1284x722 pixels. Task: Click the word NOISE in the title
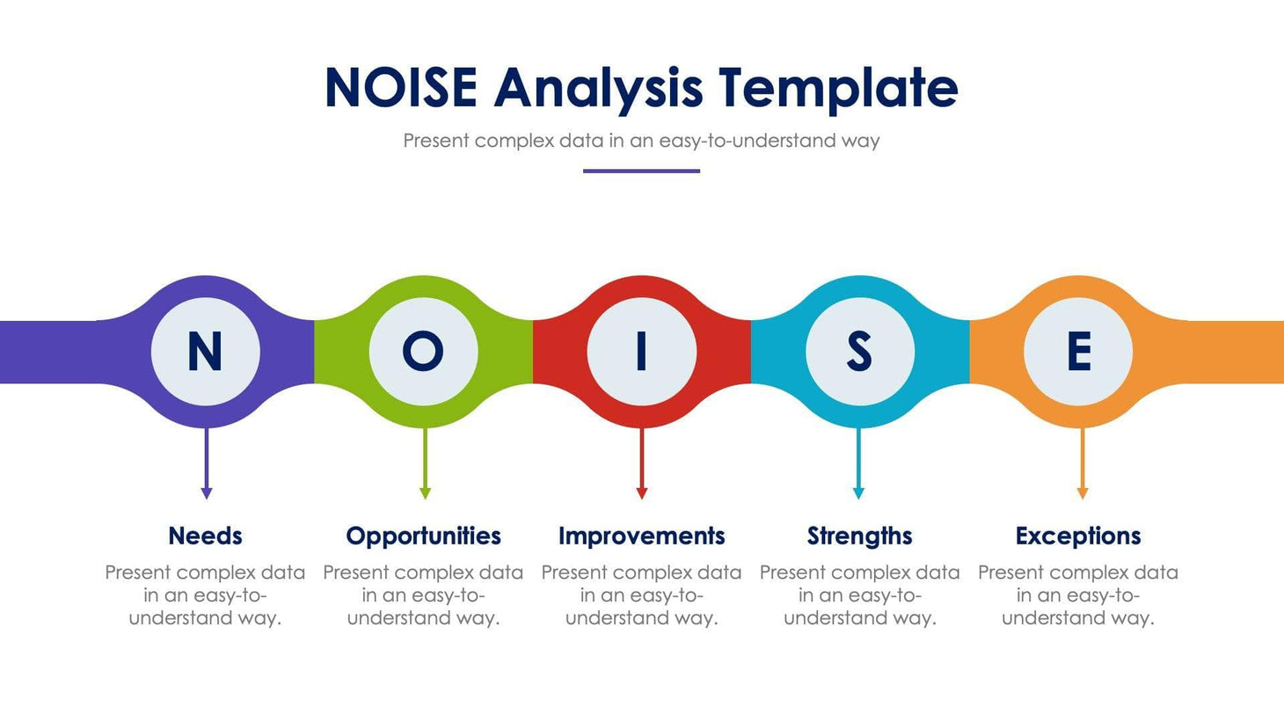point(400,88)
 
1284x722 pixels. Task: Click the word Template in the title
point(837,88)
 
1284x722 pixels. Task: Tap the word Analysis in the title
point(598,88)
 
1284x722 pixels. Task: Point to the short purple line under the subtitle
point(641,171)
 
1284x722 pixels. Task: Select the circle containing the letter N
point(206,352)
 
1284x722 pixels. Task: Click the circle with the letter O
point(423,352)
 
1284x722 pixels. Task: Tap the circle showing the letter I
point(641,352)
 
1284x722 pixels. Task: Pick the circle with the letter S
point(859,352)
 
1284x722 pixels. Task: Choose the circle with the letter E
point(1078,352)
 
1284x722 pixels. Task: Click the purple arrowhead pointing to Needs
point(207,493)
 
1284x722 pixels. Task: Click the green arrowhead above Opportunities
point(425,493)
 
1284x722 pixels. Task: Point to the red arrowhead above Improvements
point(642,493)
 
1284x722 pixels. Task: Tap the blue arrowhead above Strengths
point(858,493)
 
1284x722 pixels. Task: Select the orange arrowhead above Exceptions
point(1083,493)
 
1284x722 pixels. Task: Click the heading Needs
point(205,536)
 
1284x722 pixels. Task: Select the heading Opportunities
point(423,536)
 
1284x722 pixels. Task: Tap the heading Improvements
point(641,536)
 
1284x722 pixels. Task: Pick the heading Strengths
point(859,536)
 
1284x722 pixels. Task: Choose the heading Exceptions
point(1077,536)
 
